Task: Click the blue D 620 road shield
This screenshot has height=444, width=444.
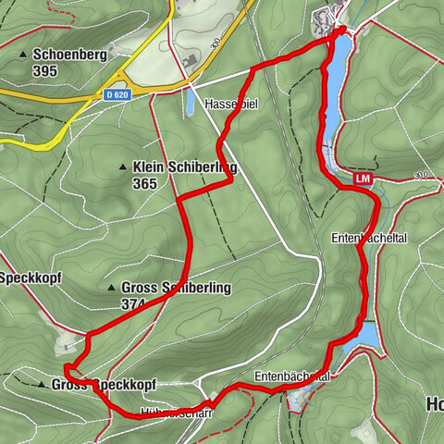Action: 116,94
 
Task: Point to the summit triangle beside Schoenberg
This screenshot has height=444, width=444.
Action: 23,55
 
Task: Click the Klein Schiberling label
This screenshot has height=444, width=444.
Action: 185,166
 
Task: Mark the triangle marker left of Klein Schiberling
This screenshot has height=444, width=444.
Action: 123,166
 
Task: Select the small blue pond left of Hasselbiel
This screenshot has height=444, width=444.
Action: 191,102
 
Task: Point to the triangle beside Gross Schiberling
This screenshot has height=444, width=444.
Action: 112,288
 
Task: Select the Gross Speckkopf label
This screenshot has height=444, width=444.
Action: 104,384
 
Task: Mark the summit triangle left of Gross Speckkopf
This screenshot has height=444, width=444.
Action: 42,384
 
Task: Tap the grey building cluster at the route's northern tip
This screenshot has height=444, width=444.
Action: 328,17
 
